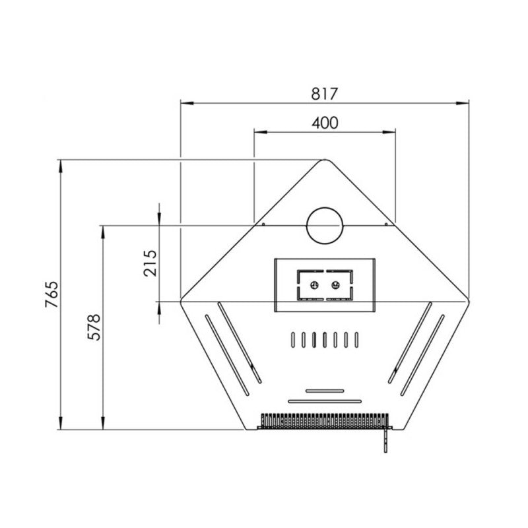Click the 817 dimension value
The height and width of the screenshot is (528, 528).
coord(325,94)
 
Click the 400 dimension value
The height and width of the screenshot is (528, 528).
coord(325,123)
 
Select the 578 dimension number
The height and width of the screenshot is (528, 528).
coord(94,327)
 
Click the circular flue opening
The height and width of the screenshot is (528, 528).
coord(324,225)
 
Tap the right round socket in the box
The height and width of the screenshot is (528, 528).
coord(336,285)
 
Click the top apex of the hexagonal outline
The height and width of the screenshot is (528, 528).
coord(324,160)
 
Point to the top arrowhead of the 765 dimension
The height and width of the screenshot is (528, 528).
coord(61,164)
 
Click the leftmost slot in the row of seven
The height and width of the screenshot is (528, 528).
coord(292,339)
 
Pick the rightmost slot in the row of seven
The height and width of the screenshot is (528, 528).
coord(356,339)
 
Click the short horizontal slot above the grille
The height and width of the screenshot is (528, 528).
coord(324,391)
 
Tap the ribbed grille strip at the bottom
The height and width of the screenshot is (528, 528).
coord(325,420)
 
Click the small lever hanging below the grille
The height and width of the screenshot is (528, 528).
coord(383,441)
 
